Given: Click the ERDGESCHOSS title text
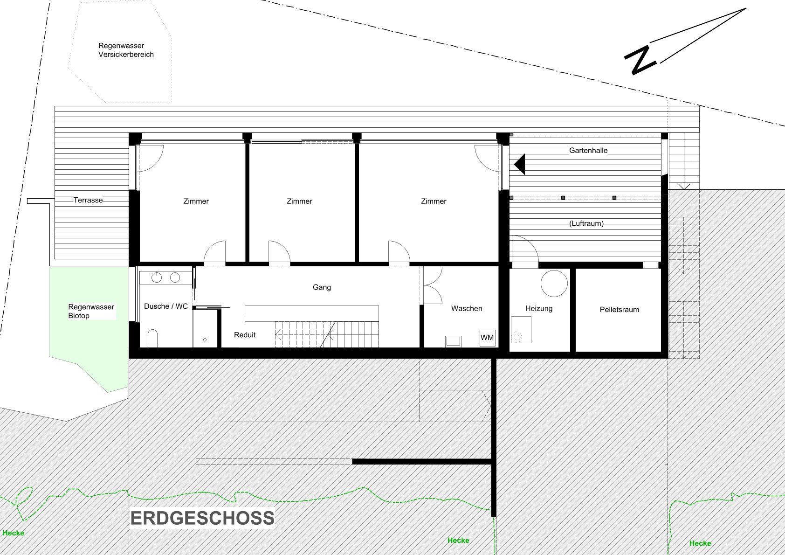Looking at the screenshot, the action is (202, 518).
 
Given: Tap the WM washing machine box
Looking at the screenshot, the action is (487, 338).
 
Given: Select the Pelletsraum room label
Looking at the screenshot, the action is (619, 310).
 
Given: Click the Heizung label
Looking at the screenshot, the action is (538, 309).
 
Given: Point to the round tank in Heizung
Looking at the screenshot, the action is (554, 284).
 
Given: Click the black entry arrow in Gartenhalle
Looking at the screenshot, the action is (520, 164).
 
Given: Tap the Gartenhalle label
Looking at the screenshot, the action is (588, 150).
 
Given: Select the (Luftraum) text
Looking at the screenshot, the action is (586, 223).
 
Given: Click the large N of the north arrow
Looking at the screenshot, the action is (640, 60).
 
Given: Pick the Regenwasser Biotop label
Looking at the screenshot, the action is (91, 311).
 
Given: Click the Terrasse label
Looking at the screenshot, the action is (88, 200).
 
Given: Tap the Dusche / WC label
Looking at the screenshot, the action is (166, 306).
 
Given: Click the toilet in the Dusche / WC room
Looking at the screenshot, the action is (152, 338).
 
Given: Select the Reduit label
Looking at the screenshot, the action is (245, 335).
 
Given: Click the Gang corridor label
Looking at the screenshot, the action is (322, 287).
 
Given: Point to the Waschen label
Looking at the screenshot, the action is (467, 309).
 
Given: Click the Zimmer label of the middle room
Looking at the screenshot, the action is (299, 201).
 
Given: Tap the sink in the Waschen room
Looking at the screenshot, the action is (453, 341).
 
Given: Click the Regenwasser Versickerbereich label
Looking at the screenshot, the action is (126, 50).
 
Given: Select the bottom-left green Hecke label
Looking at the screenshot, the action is (14, 533).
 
